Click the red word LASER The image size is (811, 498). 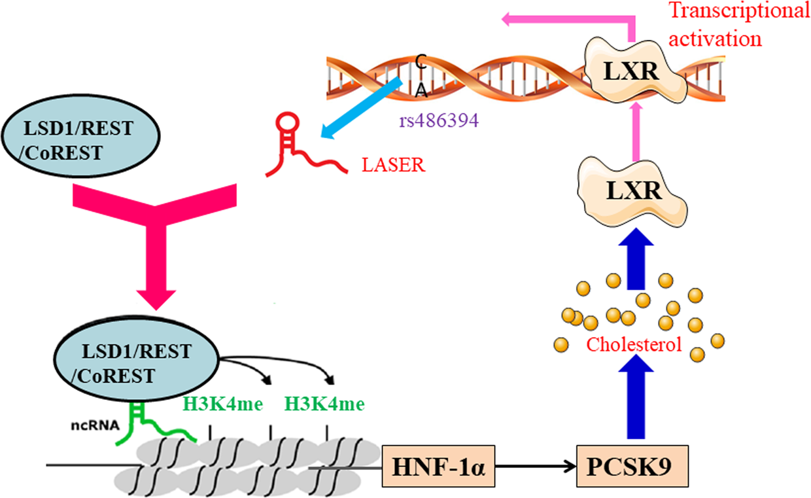tap(393, 165)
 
